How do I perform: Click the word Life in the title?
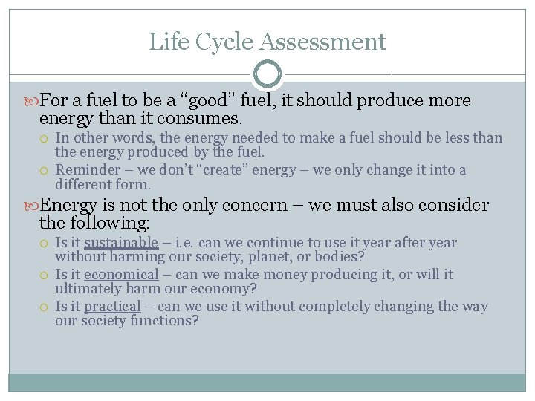tap(163, 42)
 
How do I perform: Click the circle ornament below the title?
tap(267, 74)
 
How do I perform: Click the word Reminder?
tap(86, 170)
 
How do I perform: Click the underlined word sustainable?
tap(121, 242)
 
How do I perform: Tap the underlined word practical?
tap(112, 306)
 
